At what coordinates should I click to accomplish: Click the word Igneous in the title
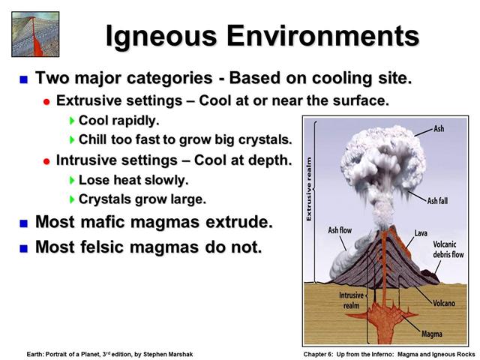pos(161,37)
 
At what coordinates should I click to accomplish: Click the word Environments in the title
pos(323,35)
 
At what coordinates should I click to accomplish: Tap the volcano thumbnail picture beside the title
pos(35,34)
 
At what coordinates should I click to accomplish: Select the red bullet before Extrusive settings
pos(46,102)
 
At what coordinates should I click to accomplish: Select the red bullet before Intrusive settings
pos(46,161)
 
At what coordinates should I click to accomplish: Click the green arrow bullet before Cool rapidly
pos(72,121)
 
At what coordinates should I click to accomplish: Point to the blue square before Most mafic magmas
pos(23,223)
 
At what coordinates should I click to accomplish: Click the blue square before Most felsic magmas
pos(23,248)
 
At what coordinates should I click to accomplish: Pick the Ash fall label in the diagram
pos(437,201)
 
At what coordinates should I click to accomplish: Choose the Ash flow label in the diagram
pos(340,230)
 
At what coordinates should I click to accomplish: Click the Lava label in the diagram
pos(421,233)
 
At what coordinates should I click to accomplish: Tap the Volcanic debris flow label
pos(448,249)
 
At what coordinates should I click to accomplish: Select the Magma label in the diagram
pos(432,334)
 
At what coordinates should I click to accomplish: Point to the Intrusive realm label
pos(352,300)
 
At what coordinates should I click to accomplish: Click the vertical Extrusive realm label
pos(309,189)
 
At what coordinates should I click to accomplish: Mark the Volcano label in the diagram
pos(444,303)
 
